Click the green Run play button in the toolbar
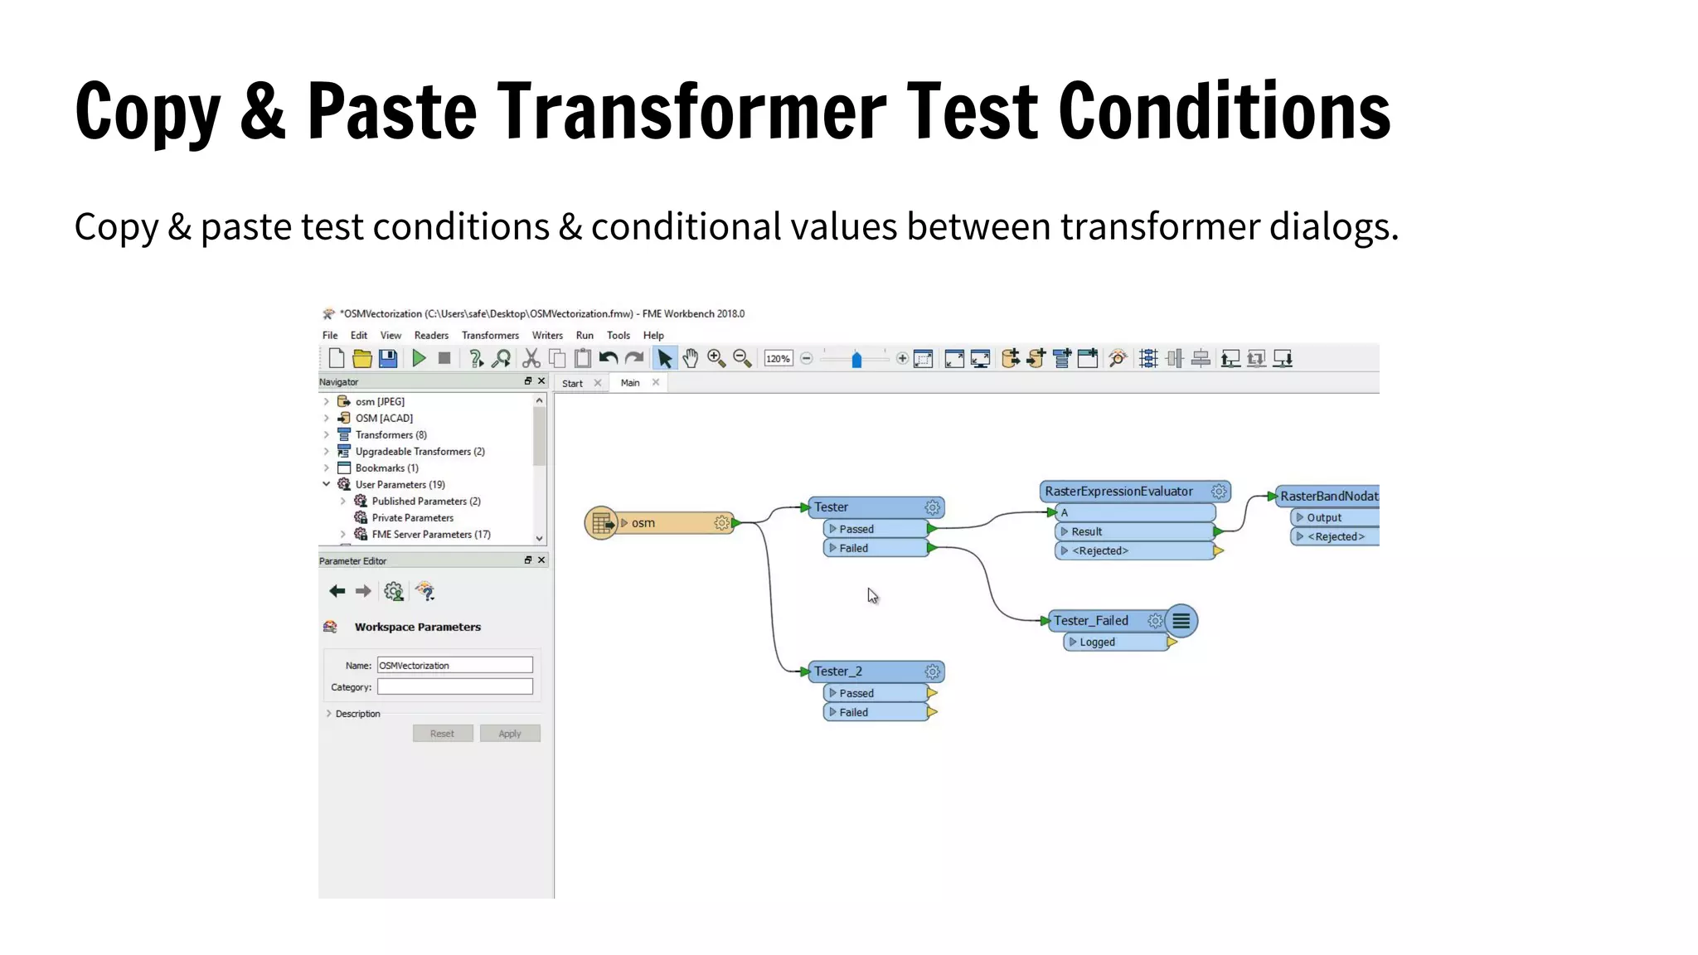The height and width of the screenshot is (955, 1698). tap(419, 358)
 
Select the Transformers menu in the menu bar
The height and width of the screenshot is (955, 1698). tap(490, 336)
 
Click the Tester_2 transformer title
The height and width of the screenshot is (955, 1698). tap(838, 671)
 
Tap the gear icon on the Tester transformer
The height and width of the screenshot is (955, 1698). tap(932, 507)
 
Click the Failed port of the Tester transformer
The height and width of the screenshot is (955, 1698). tap(853, 548)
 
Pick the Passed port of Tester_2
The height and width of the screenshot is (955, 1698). tap(856, 693)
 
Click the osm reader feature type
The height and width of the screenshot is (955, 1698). tap(643, 523)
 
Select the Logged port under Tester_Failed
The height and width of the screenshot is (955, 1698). tap(1097, 642)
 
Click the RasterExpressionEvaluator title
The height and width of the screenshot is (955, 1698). tap(1118, 492)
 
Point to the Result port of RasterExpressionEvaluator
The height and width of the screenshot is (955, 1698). tap(1086, 532)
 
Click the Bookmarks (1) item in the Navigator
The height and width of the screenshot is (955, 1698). tap(386, 468)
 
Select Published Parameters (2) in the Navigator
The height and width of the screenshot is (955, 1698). tap(425, 502)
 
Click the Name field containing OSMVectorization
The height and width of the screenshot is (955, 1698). tap(454, 666)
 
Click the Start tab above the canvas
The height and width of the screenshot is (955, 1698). tap(572, 384)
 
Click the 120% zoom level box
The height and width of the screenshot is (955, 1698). tap(778, 359)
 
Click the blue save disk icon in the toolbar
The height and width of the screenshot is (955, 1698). tap(388, 358)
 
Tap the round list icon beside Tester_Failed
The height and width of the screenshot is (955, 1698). tap(1181, 621)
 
